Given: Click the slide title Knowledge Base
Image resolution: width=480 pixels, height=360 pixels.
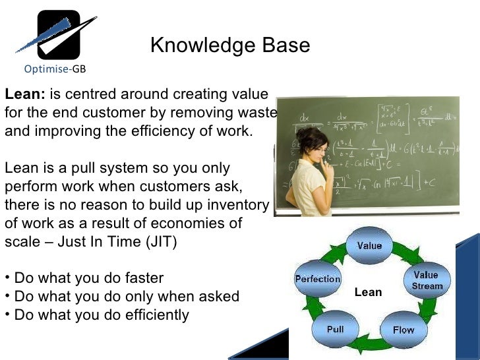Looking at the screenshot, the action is pyautogui.click(x=229, y=45).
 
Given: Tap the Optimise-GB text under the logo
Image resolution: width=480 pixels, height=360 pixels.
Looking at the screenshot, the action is pyautogui.click(x=54, y=69).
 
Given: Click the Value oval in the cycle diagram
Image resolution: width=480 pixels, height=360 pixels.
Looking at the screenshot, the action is pyautogui.click(x=369, y=246).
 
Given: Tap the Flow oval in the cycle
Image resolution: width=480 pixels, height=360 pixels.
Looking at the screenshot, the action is pyautogui.click(x=403, y=329).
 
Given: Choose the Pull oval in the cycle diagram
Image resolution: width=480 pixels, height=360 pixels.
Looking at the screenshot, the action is pyautogui.click(x=335, y=329).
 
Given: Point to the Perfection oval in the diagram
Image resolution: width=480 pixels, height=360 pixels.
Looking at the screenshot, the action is pyautogui.click(x=317, y=279).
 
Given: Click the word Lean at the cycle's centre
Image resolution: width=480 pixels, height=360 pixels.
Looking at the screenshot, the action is pyautogui.click(x=368, y=292).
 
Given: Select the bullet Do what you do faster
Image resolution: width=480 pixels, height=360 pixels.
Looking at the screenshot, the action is pyautogui.click(x=84, y=278).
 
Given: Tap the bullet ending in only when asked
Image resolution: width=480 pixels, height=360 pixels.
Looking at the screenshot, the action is pyautogui.click(x=121, y=297).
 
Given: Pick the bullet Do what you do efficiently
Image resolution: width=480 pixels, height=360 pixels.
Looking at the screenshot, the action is pyautogui.click(x=96, y=315).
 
